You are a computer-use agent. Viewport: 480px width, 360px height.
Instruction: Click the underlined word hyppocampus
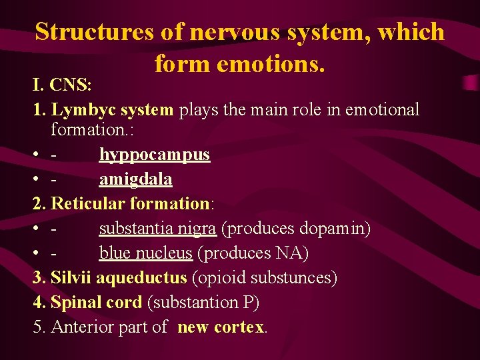point(155,155)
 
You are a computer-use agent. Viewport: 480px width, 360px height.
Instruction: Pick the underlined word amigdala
point(136,179)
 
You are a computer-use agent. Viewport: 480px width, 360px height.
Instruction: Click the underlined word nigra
point(196,228)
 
